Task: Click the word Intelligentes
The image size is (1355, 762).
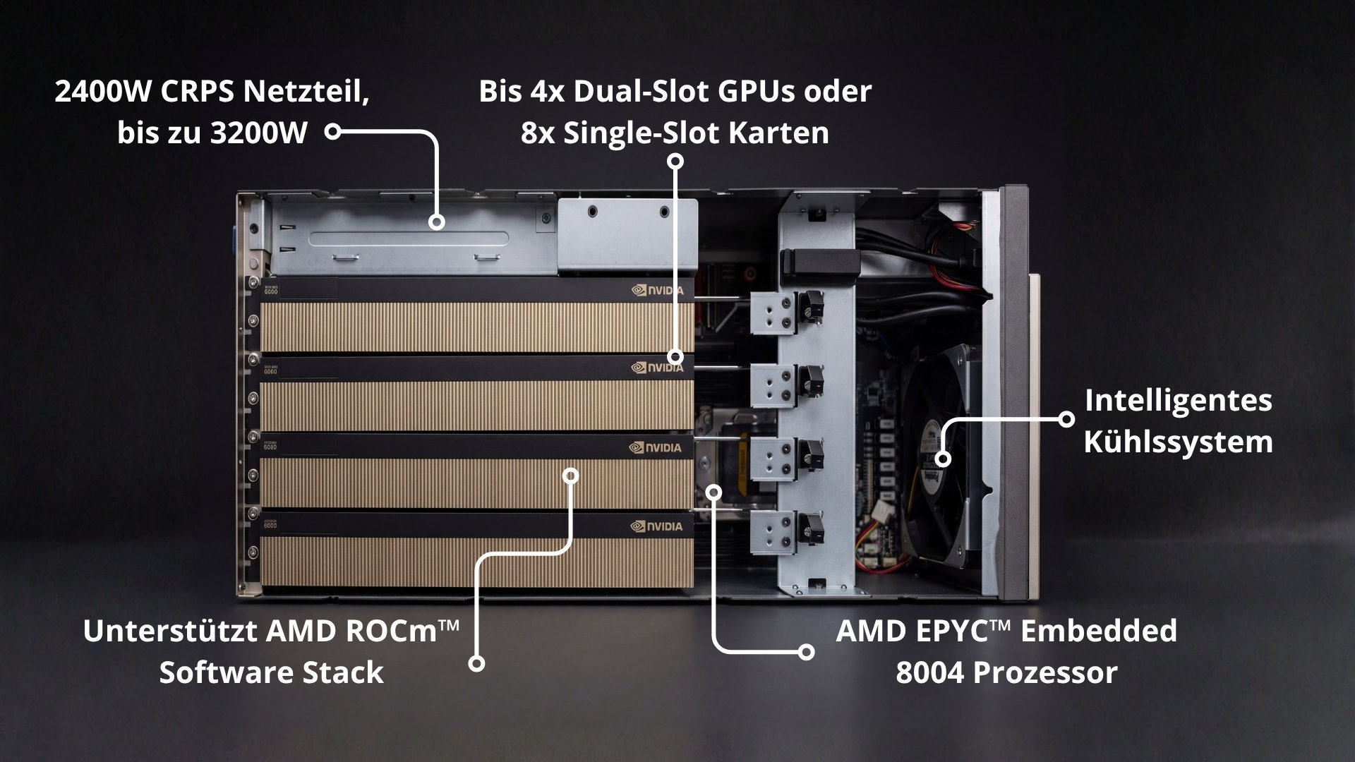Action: pyautogui.click(x=1178, y=400)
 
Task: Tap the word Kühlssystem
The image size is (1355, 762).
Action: pyautogui.click(x=1178, y=442)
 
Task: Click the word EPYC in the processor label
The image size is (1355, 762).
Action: pyautogui.click(x=953, y=631)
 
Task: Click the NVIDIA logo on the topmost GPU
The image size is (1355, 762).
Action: pyautogui.click(x=657, y=290)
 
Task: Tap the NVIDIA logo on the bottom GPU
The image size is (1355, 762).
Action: pyautogui.click(x=657, y=526)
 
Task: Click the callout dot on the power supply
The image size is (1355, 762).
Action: pyautogui.click(x=437, y=222)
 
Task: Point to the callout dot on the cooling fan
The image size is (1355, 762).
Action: pyautogui.click(x=944, y=459)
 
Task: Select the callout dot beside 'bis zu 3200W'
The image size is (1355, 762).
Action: pyautogui.click(x=333, y=131)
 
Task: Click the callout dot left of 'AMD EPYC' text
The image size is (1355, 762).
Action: pyautogui.click(x=806, y=652)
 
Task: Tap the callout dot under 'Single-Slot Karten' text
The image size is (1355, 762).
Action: pyautogui.click(x=675, y=162)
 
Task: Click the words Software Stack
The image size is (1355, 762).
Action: pyautogui.click(x=271, y=672)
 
